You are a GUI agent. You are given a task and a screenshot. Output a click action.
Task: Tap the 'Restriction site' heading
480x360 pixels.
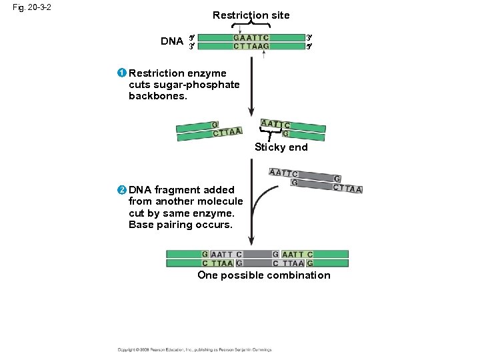[x=251, y=15]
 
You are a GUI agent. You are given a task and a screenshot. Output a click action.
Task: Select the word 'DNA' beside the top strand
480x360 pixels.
[x=172, y=41]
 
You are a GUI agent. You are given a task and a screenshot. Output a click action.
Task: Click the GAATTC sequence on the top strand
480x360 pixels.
[x=251, y=37]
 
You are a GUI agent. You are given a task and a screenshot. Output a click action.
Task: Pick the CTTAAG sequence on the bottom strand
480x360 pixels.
[x=251, y=46]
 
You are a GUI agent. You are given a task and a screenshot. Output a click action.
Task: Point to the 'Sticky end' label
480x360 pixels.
[x=281, y=147]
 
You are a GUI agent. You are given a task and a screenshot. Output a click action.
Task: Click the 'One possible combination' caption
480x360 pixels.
[x=263, y=275]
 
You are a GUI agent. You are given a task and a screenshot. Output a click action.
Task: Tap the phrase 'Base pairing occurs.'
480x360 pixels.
[x=181, y=225]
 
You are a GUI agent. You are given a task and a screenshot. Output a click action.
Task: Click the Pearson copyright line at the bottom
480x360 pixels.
[x=194, y=349]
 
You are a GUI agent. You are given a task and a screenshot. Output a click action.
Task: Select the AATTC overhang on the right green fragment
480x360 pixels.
[x=276, y=124]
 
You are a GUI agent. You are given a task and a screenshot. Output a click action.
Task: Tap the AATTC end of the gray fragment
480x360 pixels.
[x=283, y=173]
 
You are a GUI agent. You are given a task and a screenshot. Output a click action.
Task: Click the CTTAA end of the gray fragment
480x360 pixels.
[x=348, y=189]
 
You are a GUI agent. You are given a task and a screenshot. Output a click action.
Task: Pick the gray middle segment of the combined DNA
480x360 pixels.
[x=257, y=259]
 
